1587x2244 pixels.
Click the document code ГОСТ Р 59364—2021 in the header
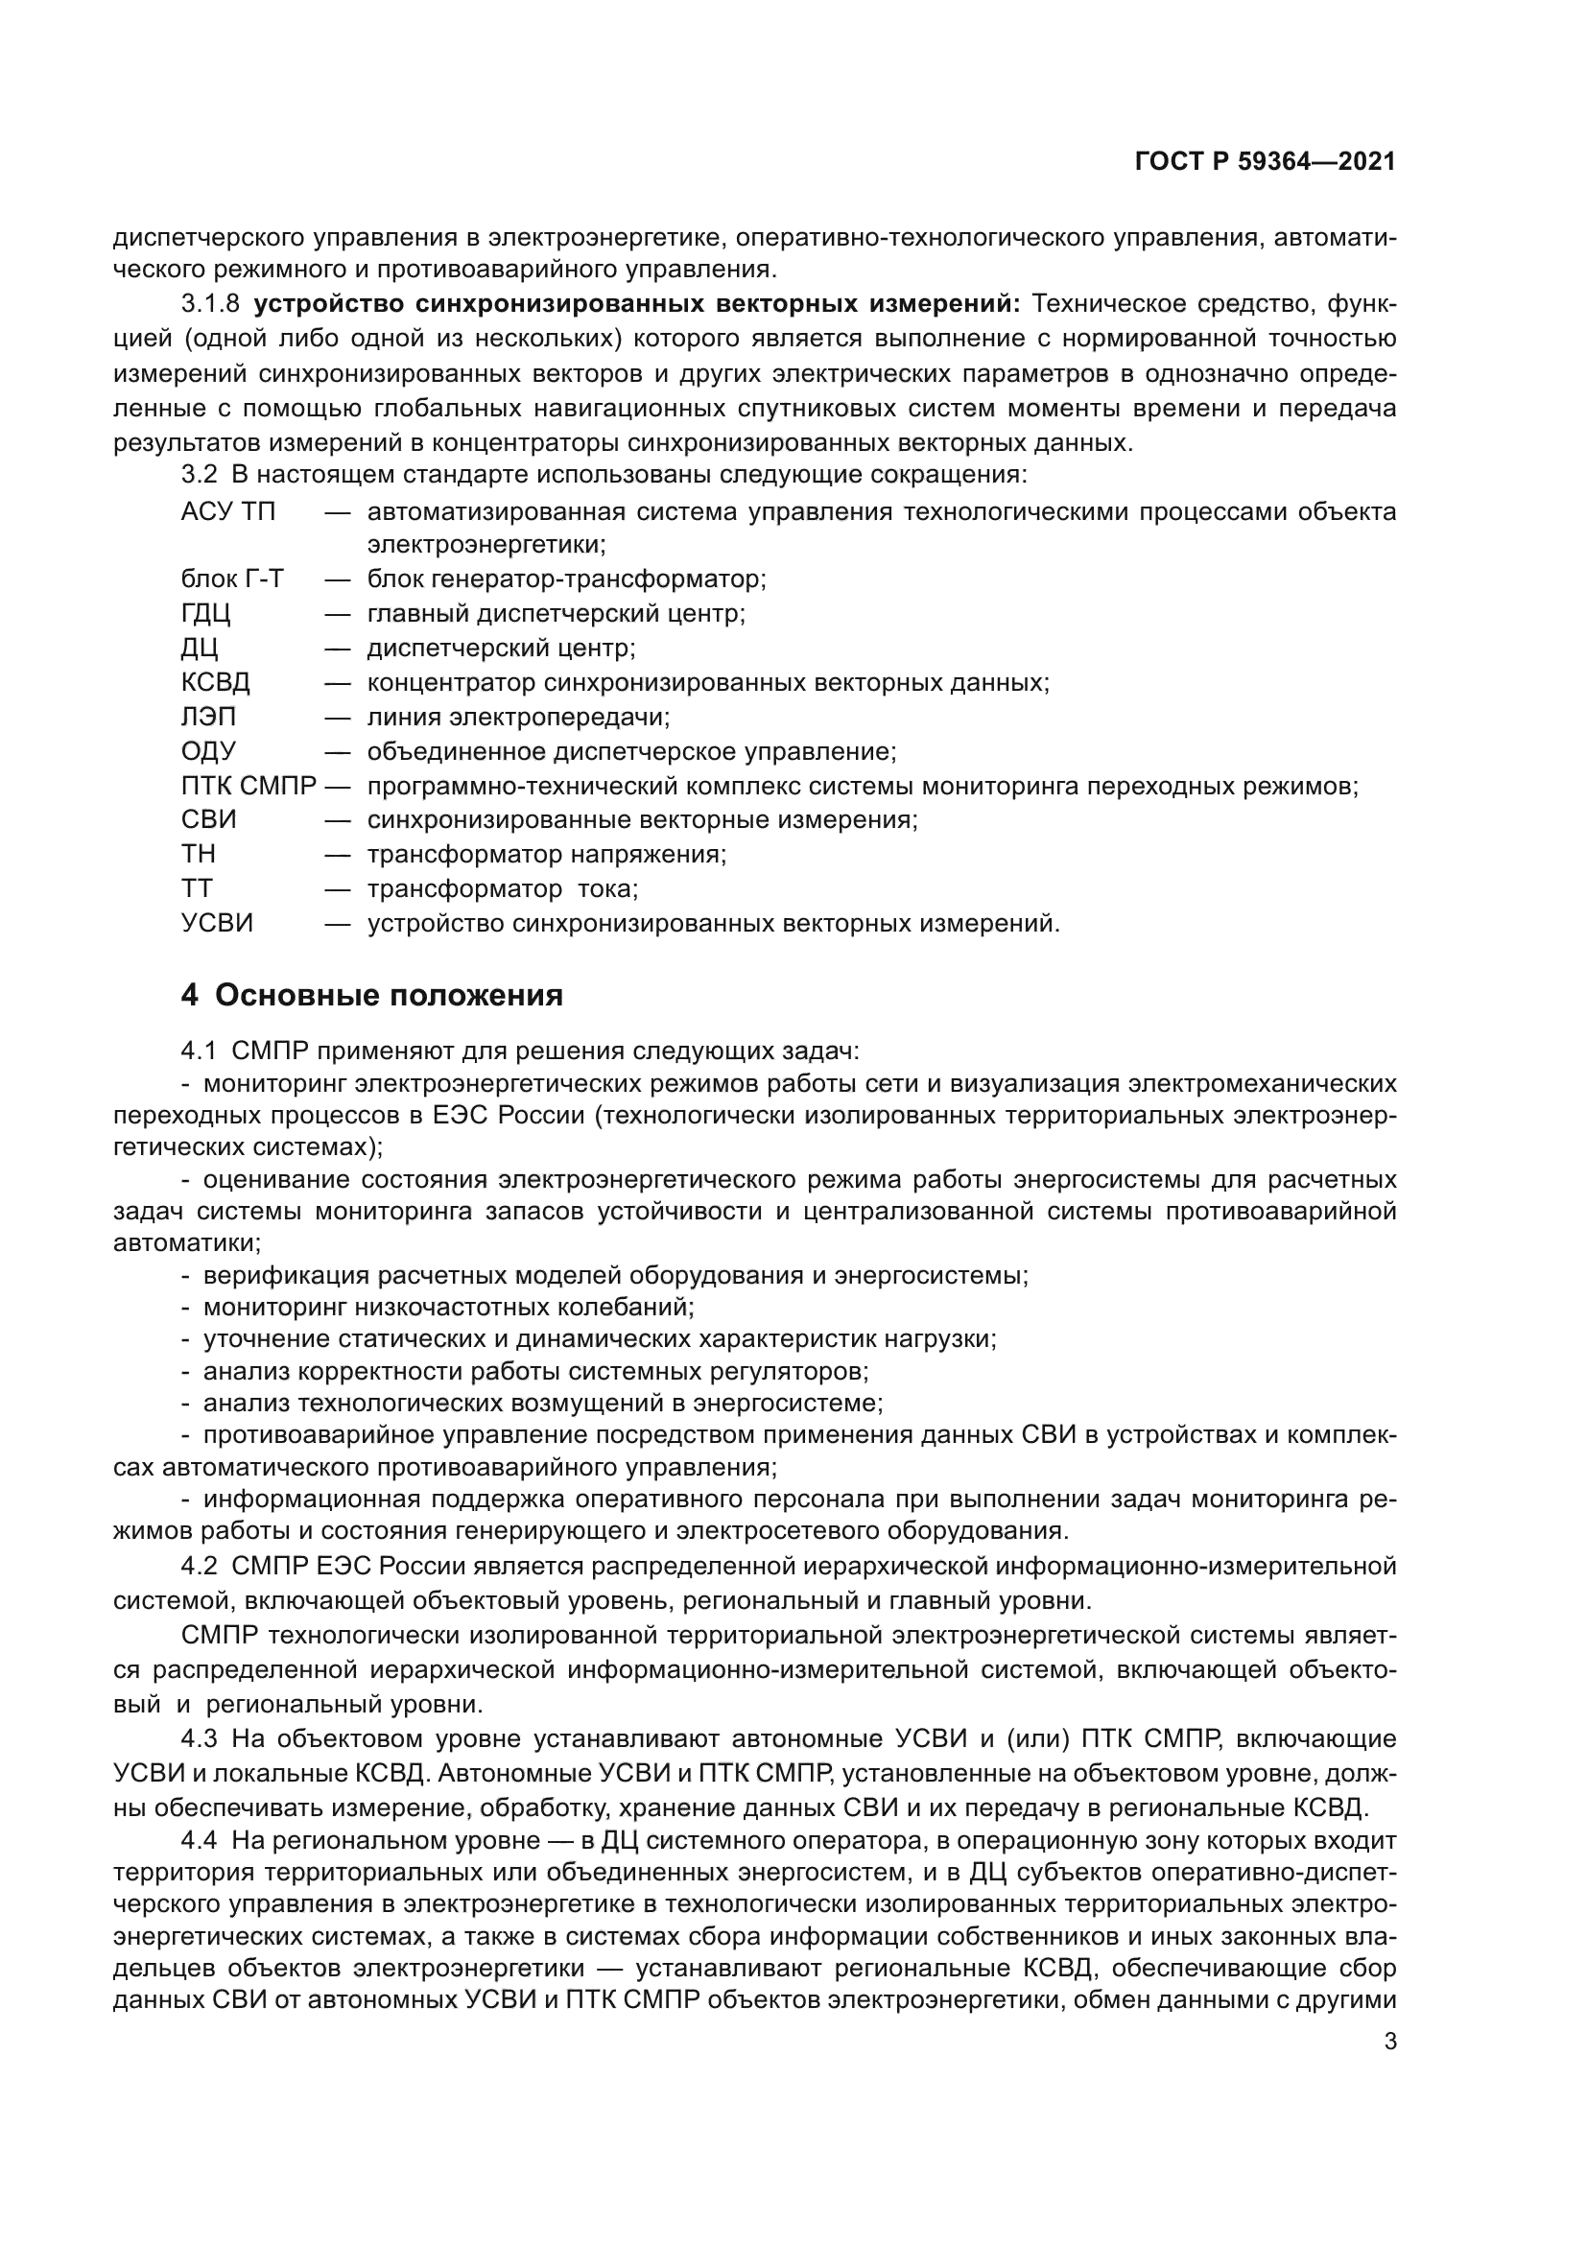(1265, 162)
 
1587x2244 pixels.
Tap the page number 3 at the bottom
(1389, 2042)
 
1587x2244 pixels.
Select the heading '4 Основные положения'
(371, 996)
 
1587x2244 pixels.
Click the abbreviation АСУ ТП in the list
(228, 512)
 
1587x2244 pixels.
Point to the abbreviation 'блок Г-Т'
(232, 579)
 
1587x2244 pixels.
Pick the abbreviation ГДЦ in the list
(205, 614)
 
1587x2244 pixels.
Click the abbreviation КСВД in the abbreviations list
(215, 682)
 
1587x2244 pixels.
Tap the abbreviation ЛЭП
(208, 718)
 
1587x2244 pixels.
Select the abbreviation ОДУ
(208, 751)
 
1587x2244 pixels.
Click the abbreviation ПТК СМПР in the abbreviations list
(249, 786)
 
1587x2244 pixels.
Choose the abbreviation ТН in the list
(199, 854)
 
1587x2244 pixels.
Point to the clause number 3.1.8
(210, 304)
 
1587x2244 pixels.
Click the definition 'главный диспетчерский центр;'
(557, 614)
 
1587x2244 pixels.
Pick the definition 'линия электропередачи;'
(519, 718)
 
